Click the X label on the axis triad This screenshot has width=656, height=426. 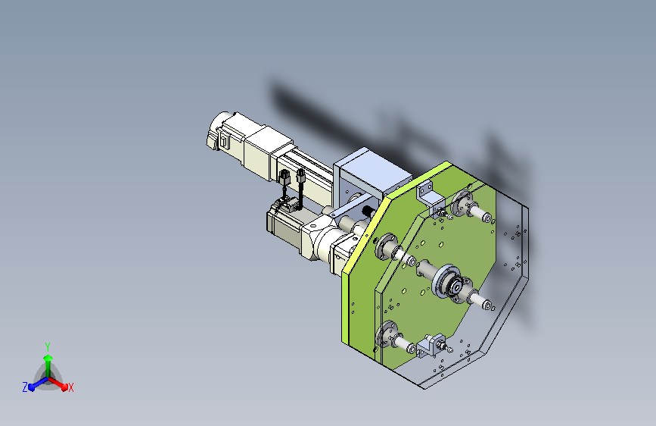(70, 387)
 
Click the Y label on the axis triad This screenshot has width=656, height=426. (48, 346)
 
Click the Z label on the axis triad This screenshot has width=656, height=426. (25, 387)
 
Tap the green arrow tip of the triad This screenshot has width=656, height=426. (48, 358)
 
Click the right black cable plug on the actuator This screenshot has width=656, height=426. (301, 175)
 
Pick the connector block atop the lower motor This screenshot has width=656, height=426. (284, 205)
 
